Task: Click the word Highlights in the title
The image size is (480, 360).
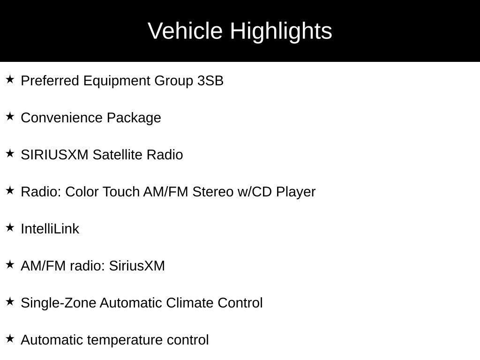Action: pos(281,31)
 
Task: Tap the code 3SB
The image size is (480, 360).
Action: pos(210,81)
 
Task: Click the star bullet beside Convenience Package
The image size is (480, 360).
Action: pos(10,116)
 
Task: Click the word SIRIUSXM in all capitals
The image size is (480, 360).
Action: pos(54,155)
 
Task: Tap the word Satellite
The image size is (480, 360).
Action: pos(117,155)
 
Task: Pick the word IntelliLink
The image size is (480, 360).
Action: pos(50,229)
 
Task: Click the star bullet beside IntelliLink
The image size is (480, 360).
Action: pos(10,227)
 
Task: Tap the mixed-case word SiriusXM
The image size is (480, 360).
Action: pos(137,266)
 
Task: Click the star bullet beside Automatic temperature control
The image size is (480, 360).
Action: pos(10,338)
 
